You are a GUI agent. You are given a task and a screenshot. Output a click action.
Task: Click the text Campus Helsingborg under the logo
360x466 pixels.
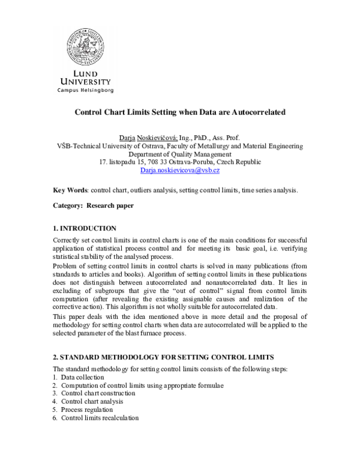[x=85, y=90]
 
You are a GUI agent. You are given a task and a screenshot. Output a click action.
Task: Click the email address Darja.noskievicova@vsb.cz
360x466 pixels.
[x=180, y=171]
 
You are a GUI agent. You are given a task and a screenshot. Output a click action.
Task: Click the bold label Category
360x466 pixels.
[x=68, y=205]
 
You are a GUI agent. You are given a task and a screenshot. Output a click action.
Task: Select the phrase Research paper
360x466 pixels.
[x=110, y=205]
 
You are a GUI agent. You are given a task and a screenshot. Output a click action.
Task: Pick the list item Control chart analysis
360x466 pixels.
[x=92, y=401]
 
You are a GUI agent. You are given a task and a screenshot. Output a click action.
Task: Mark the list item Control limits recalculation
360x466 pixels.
[x=100, y=418]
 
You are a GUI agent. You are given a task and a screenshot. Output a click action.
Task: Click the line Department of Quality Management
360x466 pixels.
[x=180, y=154]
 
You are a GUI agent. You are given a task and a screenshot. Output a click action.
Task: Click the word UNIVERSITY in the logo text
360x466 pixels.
[x=85, y=81]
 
